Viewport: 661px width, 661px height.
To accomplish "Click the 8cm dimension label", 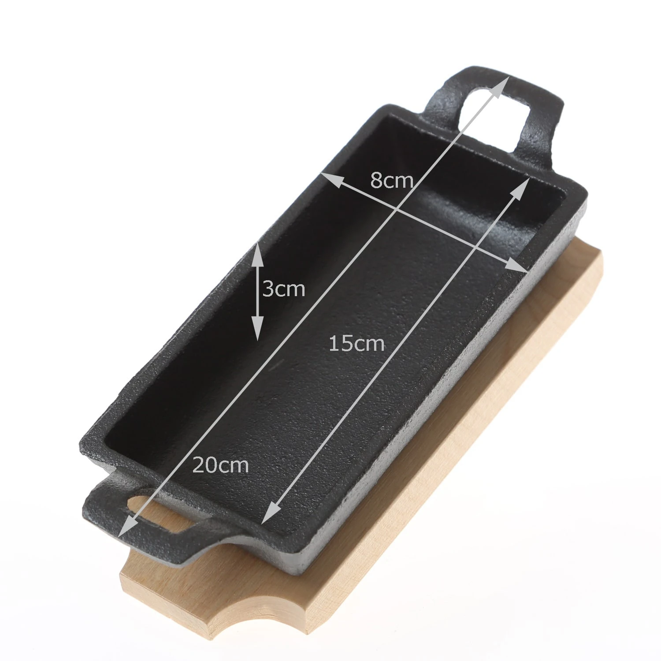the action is point(391,180).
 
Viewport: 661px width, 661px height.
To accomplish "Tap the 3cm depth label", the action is point(283,289).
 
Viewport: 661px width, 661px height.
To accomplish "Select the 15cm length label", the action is point(357,343).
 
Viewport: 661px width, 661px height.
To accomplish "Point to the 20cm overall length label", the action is point(221,465).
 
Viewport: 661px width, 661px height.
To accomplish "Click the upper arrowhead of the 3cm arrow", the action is point(257,256).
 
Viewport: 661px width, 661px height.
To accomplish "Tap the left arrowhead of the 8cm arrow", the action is point(332,180).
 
